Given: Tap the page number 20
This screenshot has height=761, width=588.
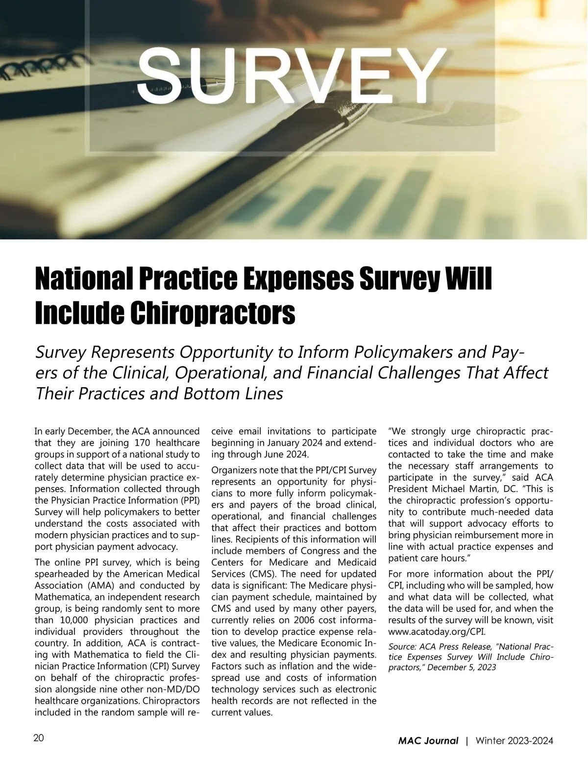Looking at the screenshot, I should [39, 738].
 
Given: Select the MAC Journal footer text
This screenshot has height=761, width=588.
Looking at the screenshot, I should [428, 741].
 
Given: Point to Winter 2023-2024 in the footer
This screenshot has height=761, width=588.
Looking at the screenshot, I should [514, 741].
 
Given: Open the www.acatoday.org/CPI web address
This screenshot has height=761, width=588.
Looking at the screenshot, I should [437, 632].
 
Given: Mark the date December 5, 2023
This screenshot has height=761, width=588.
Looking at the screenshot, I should [462, 667].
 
